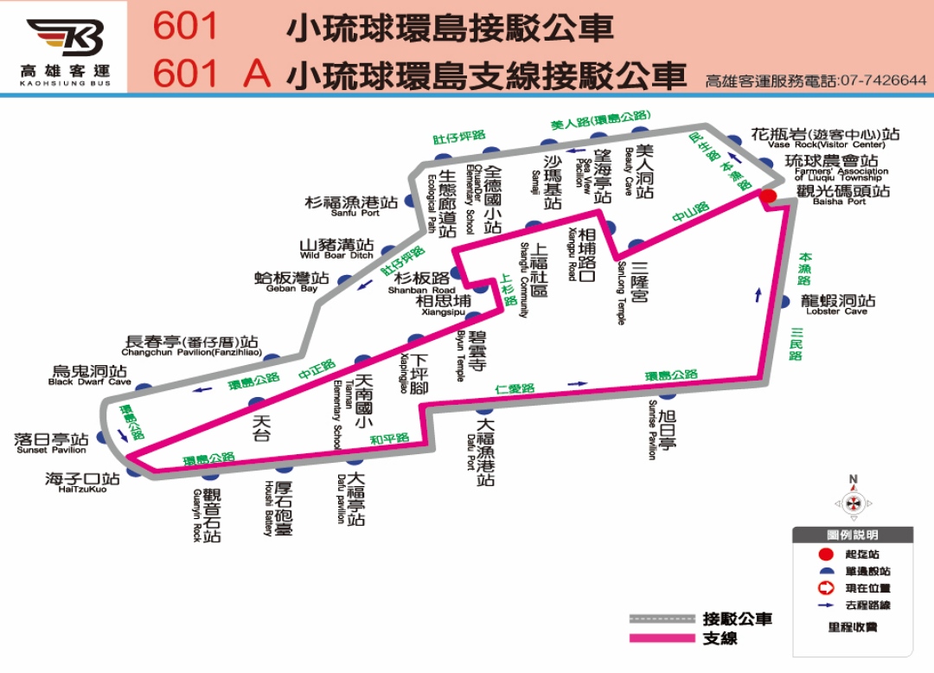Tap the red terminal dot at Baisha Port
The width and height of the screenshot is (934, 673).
tap(768, 196)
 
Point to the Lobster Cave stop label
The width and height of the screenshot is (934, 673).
tap(836, 304)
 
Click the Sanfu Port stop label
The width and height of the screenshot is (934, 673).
tap(352, 206)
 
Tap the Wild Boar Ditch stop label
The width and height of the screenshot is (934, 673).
tap(336, 249)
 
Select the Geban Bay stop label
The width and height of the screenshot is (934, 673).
tap(291, 282)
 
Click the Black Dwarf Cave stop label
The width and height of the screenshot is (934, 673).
tap(90, 375)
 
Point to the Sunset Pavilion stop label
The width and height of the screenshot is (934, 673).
tap(52, 444)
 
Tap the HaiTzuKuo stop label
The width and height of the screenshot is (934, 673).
tap(82, 482)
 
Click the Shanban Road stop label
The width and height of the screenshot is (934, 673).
tap(422, 283)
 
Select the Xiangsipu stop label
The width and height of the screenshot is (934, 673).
tap(444, 304)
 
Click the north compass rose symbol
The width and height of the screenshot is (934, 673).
tap(853, 502)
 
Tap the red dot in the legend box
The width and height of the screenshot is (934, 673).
tap(826, 554)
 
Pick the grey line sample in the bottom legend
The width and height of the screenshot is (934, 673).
tap(662, 619)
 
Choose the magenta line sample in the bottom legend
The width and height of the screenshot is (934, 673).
tap(662, 638)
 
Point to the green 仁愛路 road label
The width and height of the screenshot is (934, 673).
tap(515, 389)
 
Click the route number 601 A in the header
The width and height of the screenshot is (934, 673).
tap(212, 74)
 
